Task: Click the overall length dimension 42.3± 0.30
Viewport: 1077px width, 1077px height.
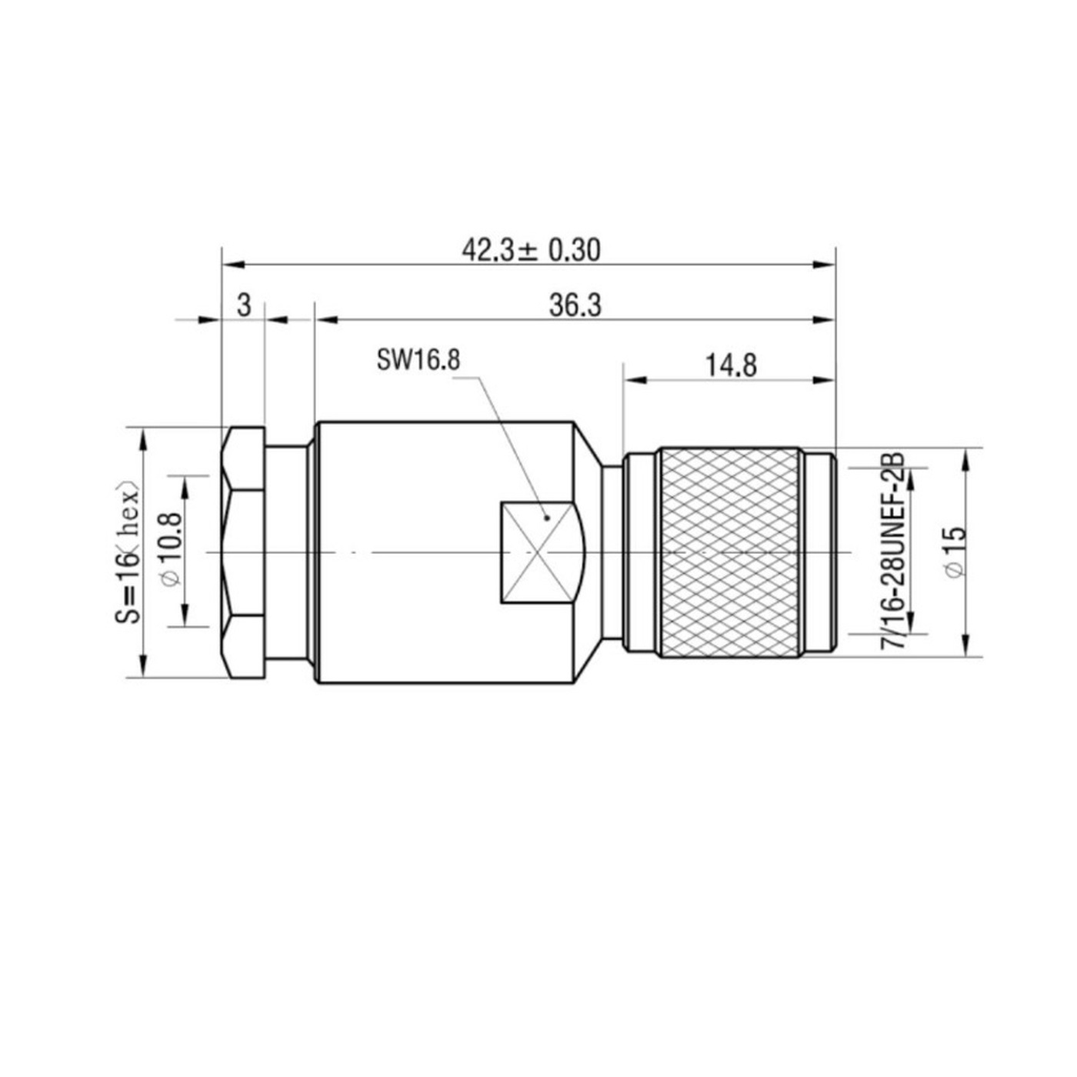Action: pos(530,250)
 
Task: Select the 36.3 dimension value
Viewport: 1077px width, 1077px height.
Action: pos(575,305)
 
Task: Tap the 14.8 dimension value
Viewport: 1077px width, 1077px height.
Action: pos(731,366)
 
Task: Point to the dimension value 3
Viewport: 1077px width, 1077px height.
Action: pos(244,305)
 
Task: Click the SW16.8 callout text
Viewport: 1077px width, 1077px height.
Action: pos(418,360)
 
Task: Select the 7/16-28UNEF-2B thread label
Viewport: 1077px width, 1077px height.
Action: pos(892,552)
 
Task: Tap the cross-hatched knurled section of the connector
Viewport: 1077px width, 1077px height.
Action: pos(729,552)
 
